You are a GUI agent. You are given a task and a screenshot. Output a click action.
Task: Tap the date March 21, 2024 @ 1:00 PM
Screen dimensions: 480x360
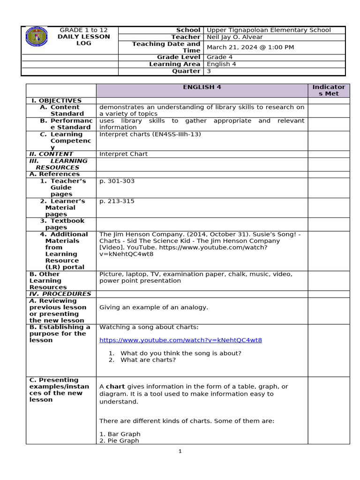[250, 47]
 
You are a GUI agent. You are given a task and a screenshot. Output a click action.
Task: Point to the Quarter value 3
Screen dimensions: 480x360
[209, 71]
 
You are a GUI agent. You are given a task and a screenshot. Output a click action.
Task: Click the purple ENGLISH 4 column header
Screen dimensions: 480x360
[202, 87]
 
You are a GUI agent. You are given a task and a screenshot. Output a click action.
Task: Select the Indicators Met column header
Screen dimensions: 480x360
[329, 90]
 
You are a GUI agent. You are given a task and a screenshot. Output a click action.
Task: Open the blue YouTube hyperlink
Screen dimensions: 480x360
[180, 340]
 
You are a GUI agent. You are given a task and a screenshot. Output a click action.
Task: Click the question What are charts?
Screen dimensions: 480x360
[148, 360]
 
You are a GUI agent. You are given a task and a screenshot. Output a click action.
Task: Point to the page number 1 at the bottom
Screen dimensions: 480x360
[180, 451]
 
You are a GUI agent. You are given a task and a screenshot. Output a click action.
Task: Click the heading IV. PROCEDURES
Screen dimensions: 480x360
[60, 294]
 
